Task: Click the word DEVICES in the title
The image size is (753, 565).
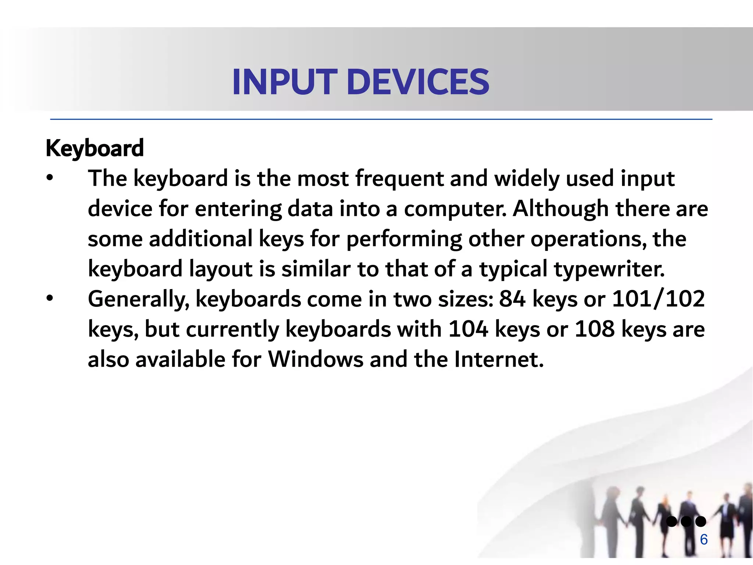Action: click(418, 82)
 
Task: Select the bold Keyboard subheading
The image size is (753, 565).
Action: click(94, 149)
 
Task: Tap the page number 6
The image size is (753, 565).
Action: click(704, 540)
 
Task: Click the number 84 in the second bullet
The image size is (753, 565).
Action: click(512, 298)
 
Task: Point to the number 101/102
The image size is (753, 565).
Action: click(658, 298)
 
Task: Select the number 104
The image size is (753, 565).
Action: click(468, 328)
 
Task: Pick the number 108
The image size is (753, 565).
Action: click(595, 328)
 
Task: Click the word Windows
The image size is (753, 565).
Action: click(316, 359)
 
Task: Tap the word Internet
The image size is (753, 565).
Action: click(498, 359)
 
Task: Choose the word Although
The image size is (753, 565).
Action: click(561, 209)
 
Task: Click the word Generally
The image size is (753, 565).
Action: click(139, 299)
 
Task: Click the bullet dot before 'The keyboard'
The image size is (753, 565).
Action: click(50, 178)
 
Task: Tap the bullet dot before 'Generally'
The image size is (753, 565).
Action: click(50, 298)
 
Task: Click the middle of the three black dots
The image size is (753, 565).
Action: click(686, 521)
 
